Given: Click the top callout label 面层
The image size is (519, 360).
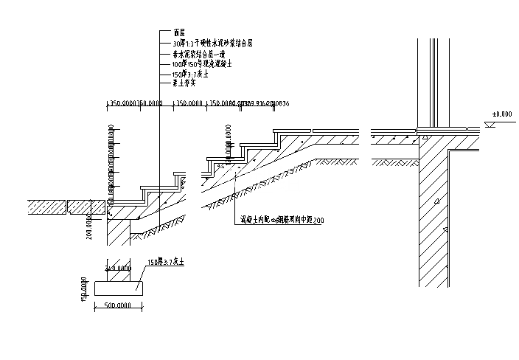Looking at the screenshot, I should pos(178,33).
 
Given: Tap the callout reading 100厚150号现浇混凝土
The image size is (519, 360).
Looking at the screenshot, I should pos(201,65).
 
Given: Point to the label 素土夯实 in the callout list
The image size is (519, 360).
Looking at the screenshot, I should pos(184,85).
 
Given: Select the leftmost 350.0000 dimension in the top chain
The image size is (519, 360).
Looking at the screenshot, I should pos(122,103).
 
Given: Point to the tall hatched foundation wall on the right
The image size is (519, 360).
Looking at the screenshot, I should pos(434,221).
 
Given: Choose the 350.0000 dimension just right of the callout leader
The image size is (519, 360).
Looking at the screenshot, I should pos(188,103).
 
